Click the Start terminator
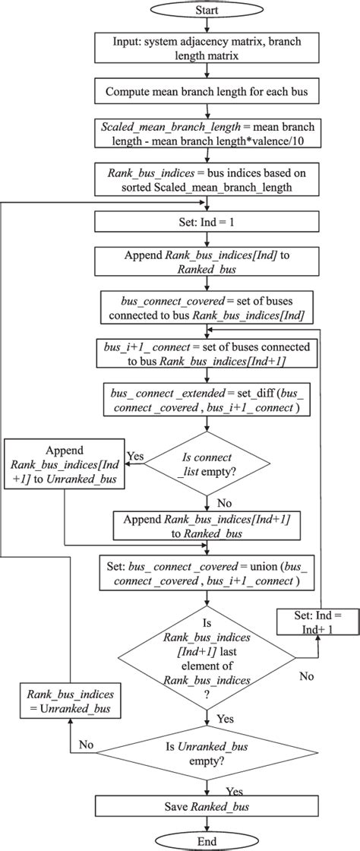coord(207,11)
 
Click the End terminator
coord(207,840)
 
